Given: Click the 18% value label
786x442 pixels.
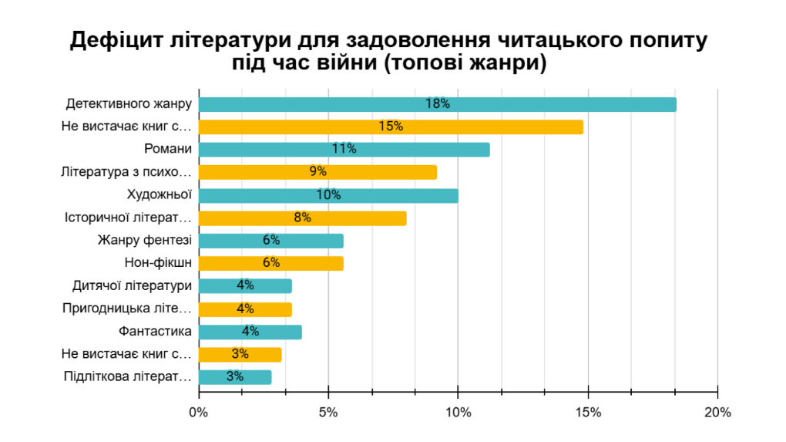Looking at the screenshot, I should click(437, 104).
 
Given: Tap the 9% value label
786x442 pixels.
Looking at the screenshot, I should click(317, 172).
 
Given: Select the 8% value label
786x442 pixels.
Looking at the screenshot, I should click(302, 218).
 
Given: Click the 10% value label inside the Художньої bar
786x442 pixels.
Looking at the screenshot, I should click(328, 195).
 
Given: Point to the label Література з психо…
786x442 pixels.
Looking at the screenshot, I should click(126, 172).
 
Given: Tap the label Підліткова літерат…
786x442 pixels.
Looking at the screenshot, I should click(127, 377).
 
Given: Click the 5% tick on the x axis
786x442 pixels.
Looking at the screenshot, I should click(328, 413).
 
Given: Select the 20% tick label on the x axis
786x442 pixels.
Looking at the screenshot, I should click(717, 413).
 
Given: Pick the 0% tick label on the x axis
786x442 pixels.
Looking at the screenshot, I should click(199, 413).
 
